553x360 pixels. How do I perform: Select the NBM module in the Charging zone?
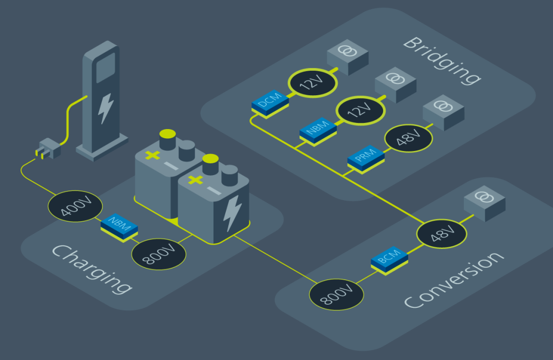119,227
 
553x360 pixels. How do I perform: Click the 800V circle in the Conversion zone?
336,294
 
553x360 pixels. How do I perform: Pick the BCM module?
389,259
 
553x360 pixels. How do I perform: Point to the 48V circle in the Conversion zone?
442,235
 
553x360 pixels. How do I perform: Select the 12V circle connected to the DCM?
312,82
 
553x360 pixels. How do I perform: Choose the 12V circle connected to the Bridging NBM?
360,110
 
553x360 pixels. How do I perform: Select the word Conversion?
451,280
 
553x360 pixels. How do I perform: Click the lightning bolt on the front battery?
231,213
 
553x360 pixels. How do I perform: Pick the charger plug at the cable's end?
48,149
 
